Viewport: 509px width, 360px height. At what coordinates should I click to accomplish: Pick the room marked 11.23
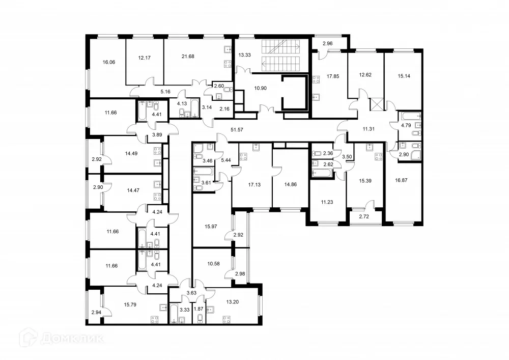pyautogui.click(x=328, y=201)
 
